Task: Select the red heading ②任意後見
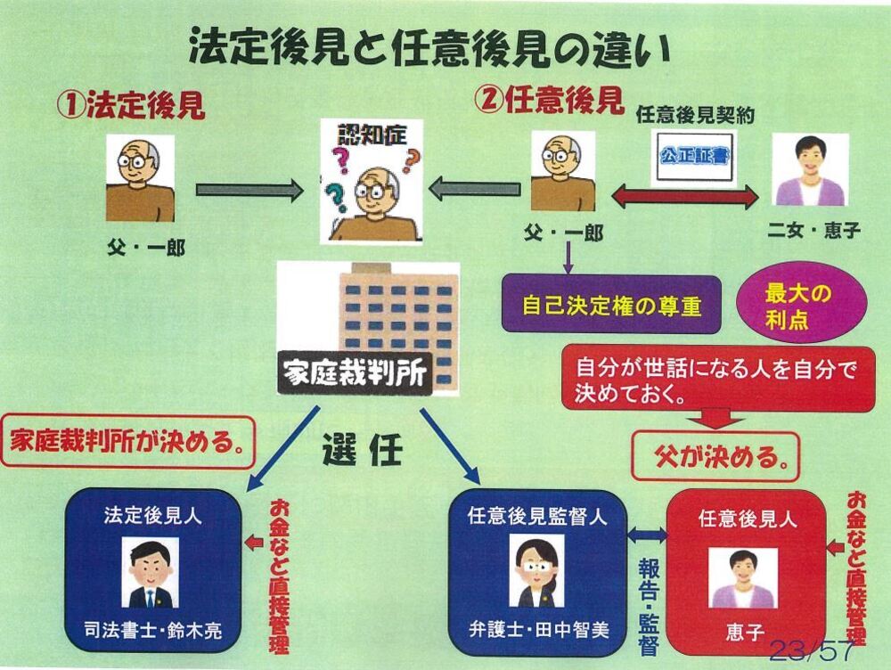tap(549, 101)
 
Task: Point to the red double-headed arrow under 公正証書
tap(684, 198)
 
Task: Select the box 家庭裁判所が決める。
tap(128, 438)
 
